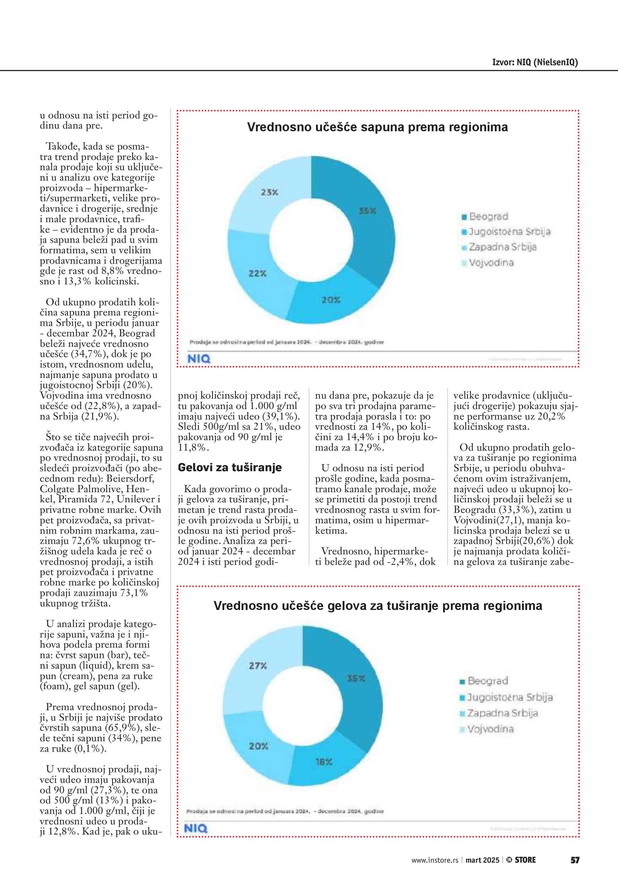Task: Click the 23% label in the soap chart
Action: [x=269, y=193]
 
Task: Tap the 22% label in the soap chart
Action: [x=258, y=273]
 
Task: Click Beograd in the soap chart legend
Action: [x=488, y=216]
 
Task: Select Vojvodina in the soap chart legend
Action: [x=491, y=263]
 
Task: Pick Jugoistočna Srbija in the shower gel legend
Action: [x=509, y=697]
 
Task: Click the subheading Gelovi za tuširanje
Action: [x=230, y=467]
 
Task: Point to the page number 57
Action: [x=575, y=860]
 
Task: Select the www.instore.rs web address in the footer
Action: [x=435, y=860]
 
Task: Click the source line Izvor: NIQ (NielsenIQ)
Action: [x=535, y=62]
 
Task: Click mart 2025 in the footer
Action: [x=482, y=860]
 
